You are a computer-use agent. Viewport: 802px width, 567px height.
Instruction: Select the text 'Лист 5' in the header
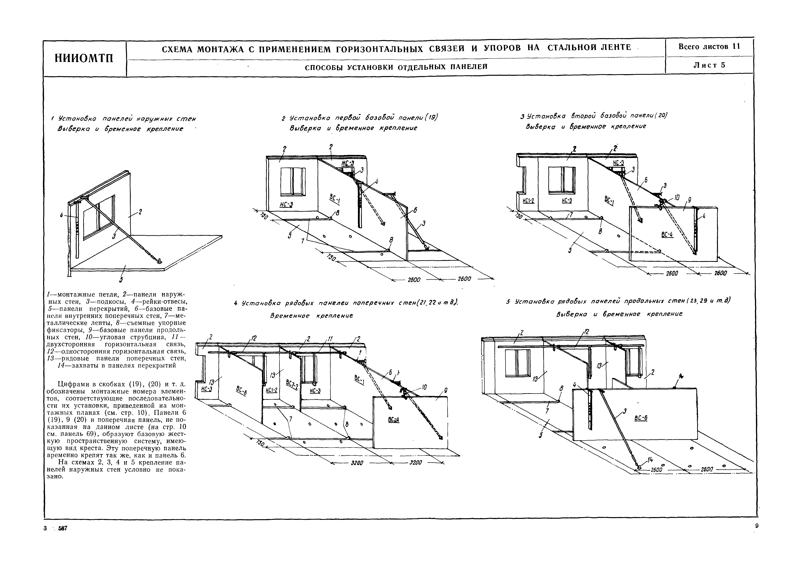pyautogui.click(x=709, y=65)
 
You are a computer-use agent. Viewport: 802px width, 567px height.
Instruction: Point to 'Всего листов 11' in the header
pyautogui.click(x=709, y=46)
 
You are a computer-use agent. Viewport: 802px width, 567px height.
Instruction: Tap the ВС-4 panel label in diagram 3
pyautogui.click(x=667, y=235)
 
